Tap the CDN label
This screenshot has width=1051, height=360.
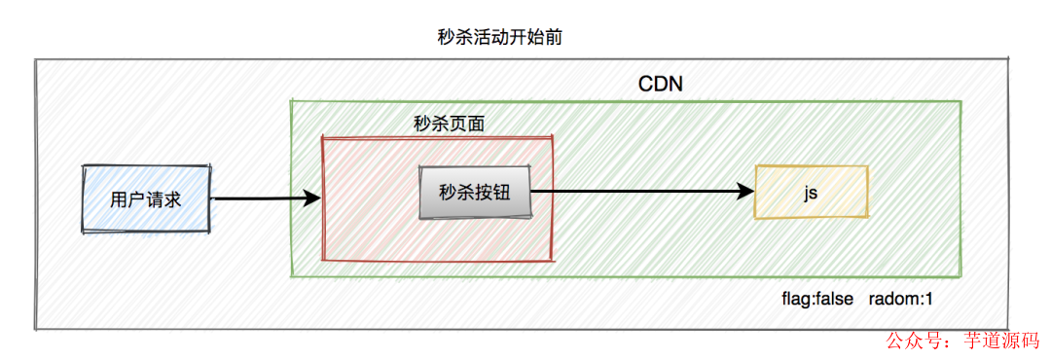click(x=660, y=84)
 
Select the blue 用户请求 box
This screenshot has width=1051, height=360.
click(x=146, y=199)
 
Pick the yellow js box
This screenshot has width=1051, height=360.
click(x=810, y=192)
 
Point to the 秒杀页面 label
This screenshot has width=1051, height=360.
click(x=449, y=124)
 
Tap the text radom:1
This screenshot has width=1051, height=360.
click(x=901, y=298)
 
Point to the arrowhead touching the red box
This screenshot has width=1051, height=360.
click(x=311, y=199)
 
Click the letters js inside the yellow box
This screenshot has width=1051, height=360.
click(x=810, y=193)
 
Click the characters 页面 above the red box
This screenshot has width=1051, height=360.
click(x=466, y=124)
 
